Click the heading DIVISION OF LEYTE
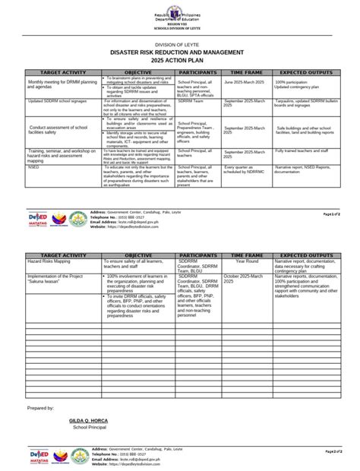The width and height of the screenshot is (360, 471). click(x=180, y=45)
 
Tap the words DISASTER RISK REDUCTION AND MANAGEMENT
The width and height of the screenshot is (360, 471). click(x=179, y=52)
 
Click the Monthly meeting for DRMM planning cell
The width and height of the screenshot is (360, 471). click(x=62, y=84)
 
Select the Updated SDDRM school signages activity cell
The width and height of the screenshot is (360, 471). click(x=57, y=100)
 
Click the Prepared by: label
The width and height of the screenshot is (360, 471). click(x=40, y=408)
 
